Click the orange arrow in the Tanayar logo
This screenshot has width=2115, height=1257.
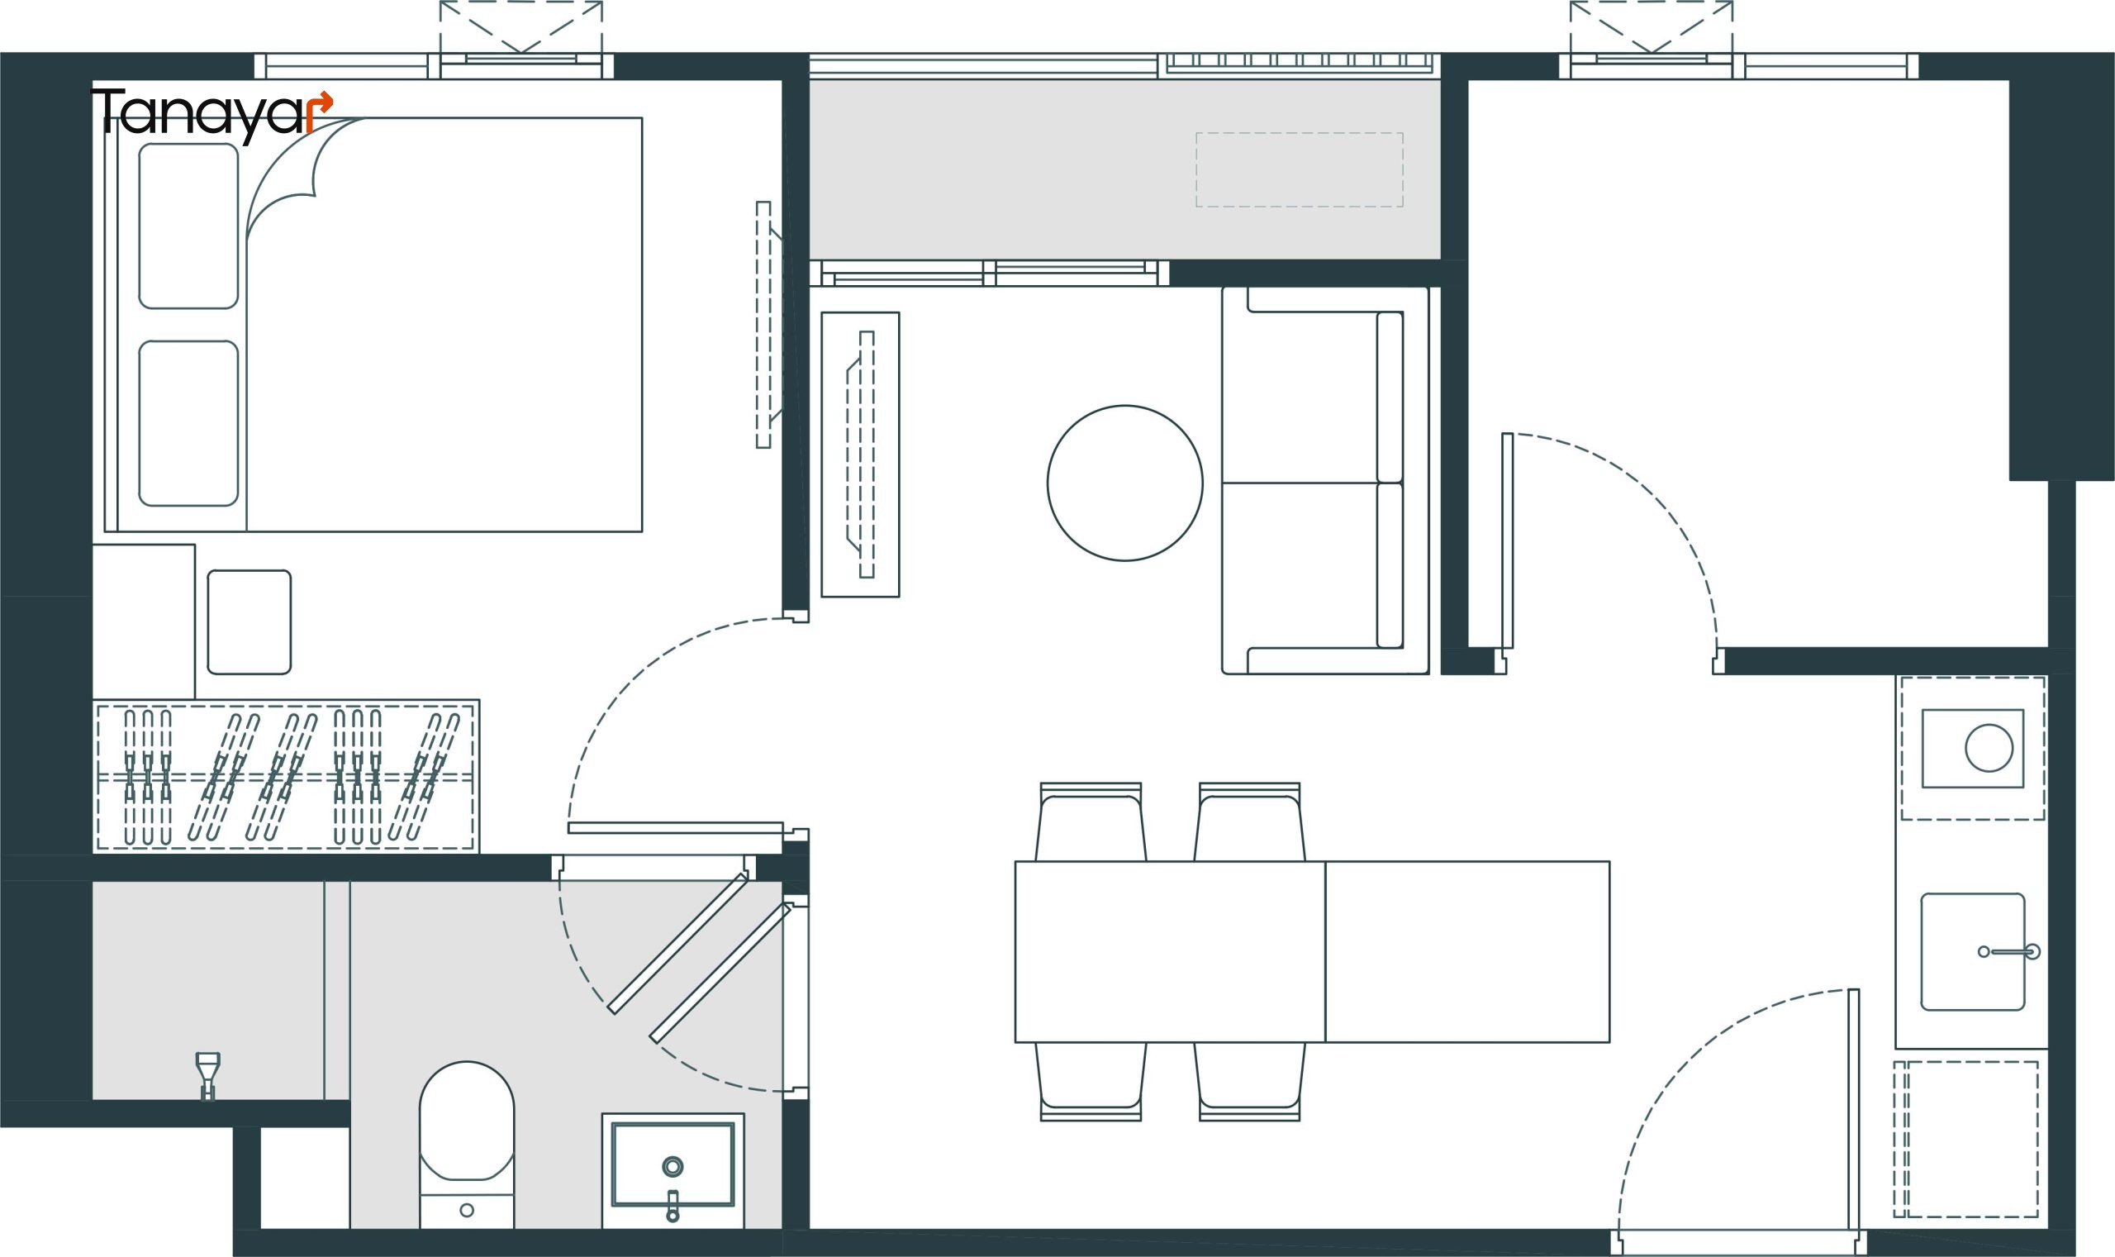[319, 110]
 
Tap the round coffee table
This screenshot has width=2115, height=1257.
[1124, 483]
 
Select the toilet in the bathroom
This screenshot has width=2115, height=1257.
[467, 1144]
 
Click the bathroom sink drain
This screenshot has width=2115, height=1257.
[673, 1166]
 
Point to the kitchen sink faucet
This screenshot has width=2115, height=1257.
[2010, 951]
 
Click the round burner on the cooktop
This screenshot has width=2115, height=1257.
[1989, 748]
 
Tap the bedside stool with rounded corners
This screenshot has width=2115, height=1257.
[249, 621]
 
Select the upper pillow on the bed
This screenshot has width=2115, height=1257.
[188, 226]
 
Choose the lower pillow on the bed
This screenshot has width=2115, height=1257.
[188, 423]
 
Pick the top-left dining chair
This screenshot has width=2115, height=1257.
[1091, 821]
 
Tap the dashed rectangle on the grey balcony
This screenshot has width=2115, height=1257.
[1300, 169]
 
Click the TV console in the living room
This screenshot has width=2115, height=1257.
[860, 454]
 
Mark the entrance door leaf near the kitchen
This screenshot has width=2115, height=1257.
[1853, 1121]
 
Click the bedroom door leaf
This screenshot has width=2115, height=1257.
[676, 827]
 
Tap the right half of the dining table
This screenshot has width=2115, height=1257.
[1467, 952]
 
